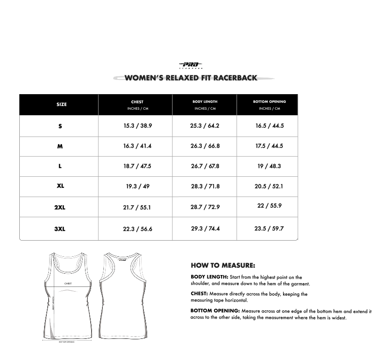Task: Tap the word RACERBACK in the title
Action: pos(234,78)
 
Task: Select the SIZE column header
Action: pos(62,105)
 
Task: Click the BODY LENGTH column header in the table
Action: pos(205,102)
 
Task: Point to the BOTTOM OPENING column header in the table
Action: pos(269,102)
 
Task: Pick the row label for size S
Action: pos(60,126)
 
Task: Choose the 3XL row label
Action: pos(60,229)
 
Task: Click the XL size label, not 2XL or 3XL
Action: pos(60,186)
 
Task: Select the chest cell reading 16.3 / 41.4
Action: pos(137,146)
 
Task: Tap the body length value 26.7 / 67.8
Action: pos(205,166)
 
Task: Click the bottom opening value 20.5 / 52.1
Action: pos(269,186)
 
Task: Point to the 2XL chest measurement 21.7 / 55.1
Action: pos(137,208)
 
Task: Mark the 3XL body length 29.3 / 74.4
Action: pos(205,228)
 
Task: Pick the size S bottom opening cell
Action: pos(270,125)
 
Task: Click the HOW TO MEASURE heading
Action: pos(223,265)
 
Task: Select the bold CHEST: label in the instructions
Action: pos(200,294)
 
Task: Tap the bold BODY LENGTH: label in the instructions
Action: pos(210,277)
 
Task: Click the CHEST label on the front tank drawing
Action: pos(68,284)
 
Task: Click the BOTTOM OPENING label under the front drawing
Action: pos(67,342)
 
